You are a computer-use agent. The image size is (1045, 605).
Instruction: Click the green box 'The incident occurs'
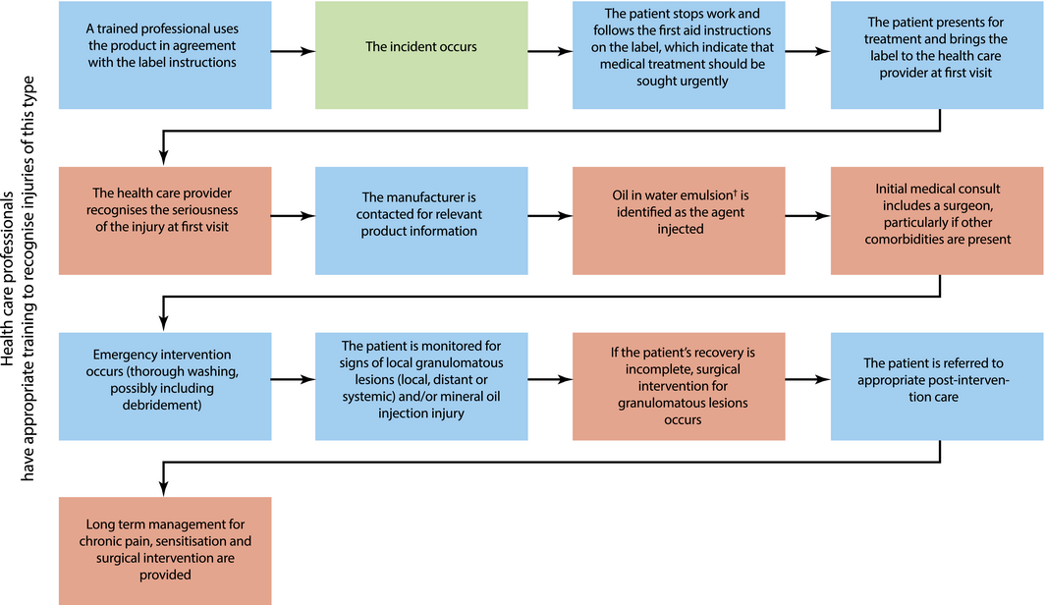421,55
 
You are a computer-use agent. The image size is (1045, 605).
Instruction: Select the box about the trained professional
165,55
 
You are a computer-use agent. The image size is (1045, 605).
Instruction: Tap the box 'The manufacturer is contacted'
421,221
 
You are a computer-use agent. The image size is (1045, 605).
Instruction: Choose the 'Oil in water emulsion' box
679,221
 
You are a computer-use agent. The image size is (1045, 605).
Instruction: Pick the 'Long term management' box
165,551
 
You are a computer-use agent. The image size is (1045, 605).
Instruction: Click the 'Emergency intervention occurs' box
165,386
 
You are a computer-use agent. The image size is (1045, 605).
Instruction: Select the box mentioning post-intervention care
937,386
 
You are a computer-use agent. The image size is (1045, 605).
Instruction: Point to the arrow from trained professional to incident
294,51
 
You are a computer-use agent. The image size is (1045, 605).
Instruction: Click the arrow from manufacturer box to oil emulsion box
550,216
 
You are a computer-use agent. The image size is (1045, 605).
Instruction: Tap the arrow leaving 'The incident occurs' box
550,51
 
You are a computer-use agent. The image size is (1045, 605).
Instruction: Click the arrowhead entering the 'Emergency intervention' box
163,323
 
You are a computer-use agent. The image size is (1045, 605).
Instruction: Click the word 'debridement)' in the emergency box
162,405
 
